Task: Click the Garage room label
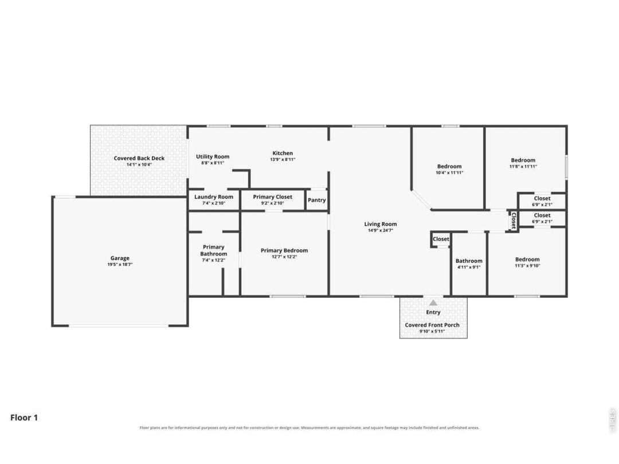120,258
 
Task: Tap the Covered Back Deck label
139,158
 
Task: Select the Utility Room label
213,156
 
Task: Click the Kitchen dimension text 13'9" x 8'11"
283,159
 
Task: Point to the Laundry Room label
214,197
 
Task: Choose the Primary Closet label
273,197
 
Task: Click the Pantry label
316,200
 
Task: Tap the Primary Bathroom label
214,250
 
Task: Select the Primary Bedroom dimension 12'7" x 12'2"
284,257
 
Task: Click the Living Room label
381,224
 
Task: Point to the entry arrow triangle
433,302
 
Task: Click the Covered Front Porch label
432,325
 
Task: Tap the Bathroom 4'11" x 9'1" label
469,261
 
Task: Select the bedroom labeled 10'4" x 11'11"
449,167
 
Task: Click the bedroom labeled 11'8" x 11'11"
523,160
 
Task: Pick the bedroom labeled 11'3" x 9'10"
527,259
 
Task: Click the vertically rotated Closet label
514,221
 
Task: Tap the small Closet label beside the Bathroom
441,239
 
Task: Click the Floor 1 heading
24,418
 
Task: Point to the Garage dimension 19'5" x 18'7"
120,264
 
